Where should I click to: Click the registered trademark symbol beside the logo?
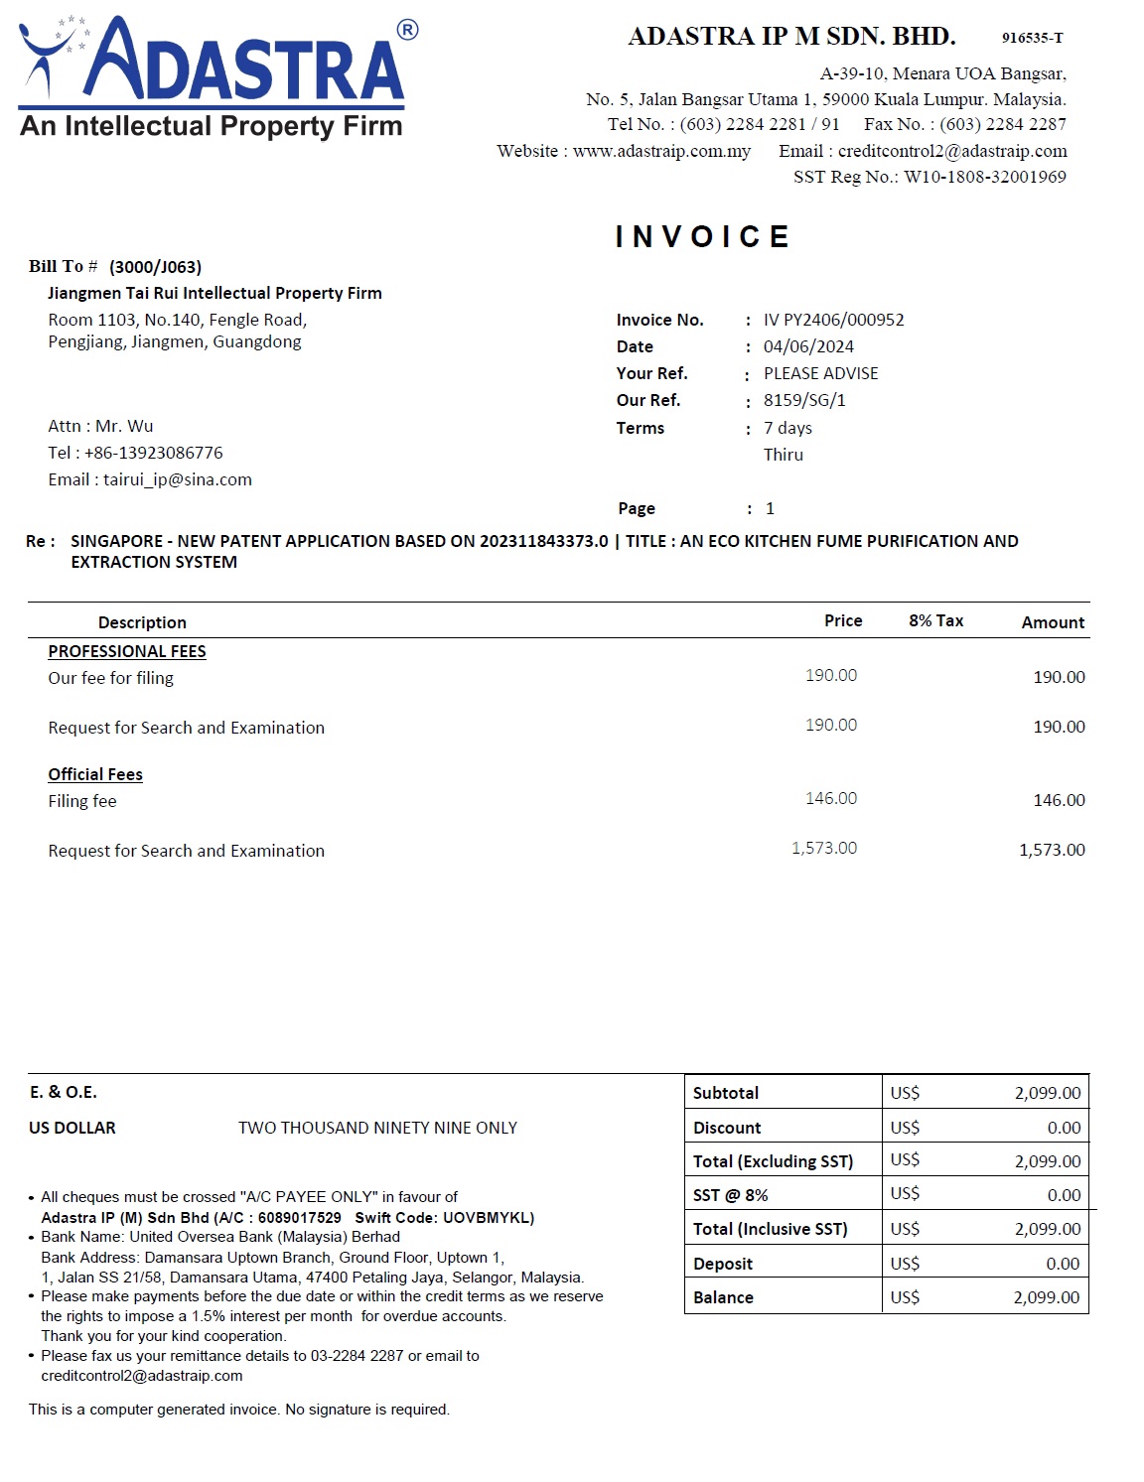coord(407,31)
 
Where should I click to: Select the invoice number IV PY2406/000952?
coord(833,320)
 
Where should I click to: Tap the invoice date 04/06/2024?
coord(808,346)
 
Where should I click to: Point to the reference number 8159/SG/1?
coord(804,400)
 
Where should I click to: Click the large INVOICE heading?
coord(702,237)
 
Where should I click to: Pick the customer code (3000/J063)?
coord(155,267)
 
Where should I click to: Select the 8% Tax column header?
coord(935,620)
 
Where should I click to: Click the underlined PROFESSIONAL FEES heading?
coord(127,651)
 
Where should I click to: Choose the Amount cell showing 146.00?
coord(1059,800)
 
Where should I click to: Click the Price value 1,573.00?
coord(824,848)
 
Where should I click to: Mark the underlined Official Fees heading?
coord(95,774)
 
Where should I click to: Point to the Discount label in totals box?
coord(727,1128)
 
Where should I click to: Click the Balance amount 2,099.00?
coord(1046,1297)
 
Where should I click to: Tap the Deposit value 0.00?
coord(1063,1264)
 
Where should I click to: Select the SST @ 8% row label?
coord(730,1195)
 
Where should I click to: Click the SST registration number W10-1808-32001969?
coord(984,177)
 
